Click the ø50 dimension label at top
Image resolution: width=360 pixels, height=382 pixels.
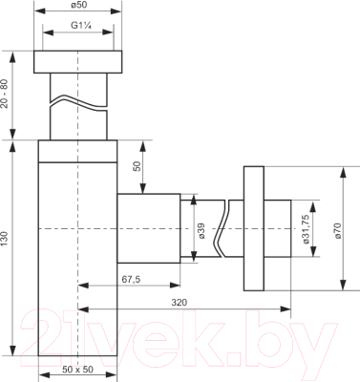79,5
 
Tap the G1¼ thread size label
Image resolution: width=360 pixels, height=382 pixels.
81,26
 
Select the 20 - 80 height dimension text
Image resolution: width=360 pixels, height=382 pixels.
5,95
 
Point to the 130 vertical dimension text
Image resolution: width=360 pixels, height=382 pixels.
5,239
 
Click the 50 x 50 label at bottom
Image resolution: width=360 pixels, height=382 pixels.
78,370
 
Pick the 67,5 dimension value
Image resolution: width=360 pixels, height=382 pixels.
131,279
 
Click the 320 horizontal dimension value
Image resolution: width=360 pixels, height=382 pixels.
179,303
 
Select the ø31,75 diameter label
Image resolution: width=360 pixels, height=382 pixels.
307,229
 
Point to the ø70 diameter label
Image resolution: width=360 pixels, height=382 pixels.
338,231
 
